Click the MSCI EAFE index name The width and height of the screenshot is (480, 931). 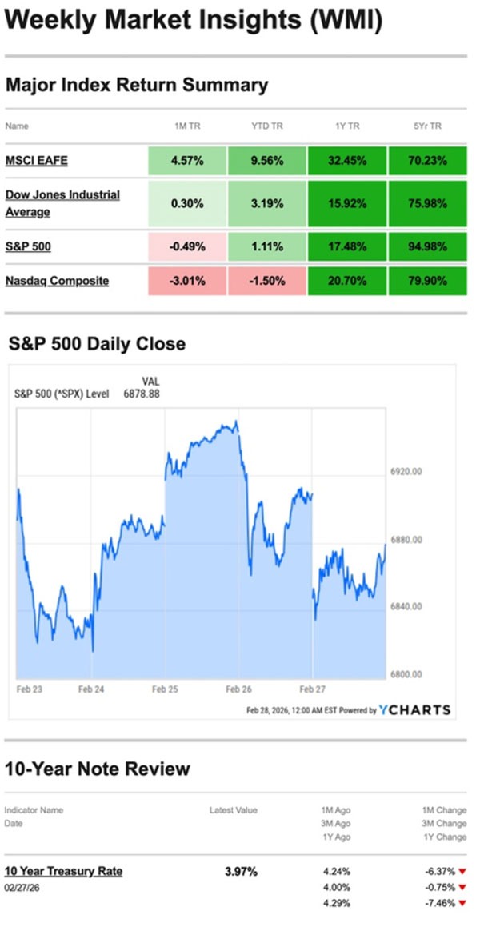pyautogui.click(x=36, y=161)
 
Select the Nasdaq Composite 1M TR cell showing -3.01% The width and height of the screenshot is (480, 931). pyautogui.click(x=186, y=281)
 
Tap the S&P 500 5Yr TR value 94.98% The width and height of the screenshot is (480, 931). pyautogui.click(x=427, y=246)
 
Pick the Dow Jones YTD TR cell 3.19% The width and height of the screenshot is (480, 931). pyautogui.click(x=266, y=203)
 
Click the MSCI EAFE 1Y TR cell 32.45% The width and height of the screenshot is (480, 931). pyautogui.click(x=346, y=161)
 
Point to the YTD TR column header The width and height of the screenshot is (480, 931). pyautogui.click(x=266, y=126)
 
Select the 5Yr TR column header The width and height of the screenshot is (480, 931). pyautogui.click(x=427, y=126)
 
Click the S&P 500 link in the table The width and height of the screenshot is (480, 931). pyautogui.click(x=28, y=246)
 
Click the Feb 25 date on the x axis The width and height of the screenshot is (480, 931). pyautogui.click(x=164, y=687)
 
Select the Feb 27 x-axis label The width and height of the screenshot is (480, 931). pyautogui.click(x=311, y=687)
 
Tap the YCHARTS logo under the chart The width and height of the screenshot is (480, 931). pyautogui.click(x=414, y=709)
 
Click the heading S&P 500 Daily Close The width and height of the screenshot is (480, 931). pyautogui.click(x=97, y=344)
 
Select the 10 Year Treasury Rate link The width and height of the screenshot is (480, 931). pyautogui.click(x=63, y=871)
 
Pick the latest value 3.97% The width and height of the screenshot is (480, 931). pyautogui.click(x=241, y=871)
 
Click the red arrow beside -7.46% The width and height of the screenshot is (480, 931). pyautogui.click(x=462, y=903)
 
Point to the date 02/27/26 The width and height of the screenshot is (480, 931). pyautogui.click(x=23, y=887)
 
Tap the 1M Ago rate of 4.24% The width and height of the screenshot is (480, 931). pyautogui.click(x=335, y=871)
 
